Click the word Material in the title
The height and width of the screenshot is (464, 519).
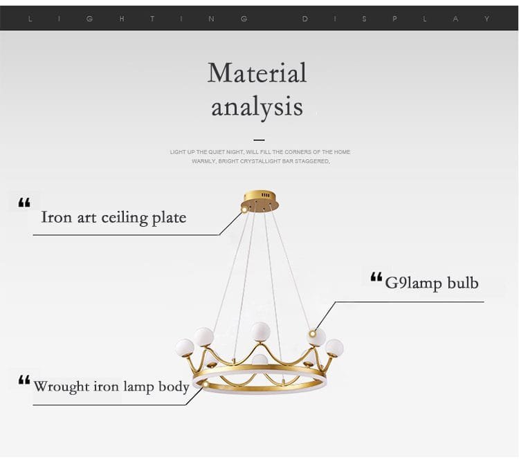257,73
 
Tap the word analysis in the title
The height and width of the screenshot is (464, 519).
257,107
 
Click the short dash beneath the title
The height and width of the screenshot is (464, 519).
259,140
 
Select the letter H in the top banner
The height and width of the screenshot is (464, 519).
122,19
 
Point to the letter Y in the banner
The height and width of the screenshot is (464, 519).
486,19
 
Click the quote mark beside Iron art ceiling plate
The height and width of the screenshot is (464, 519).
24,203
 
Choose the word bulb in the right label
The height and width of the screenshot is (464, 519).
463,283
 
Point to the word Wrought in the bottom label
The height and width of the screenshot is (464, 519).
61,387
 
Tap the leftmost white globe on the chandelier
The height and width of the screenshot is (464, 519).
184,347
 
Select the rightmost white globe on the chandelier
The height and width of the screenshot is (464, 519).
334,348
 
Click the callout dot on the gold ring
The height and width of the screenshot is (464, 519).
206,384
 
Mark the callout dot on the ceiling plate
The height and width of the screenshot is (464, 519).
244,210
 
